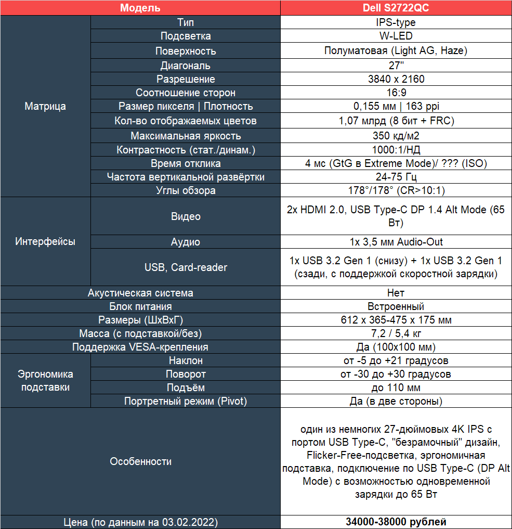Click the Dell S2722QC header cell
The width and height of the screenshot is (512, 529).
coord(396,8)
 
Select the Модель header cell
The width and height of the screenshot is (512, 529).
coord(140,8)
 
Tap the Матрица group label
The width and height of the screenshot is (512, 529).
coord(45,106)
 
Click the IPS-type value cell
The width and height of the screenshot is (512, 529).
coord(396,22)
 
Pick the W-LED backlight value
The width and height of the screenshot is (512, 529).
coord(396,36)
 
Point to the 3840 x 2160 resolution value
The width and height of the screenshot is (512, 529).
coord(396,79)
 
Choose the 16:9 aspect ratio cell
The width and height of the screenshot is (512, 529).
coord(396,93)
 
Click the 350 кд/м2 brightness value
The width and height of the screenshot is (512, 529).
coord(396,136)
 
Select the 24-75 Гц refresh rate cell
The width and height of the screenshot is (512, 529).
coord(396,177)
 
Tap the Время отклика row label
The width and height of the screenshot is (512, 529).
coord(186,163)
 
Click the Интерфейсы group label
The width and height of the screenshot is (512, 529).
coord(45,241)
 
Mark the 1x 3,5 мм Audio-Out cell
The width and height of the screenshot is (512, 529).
coord(396,242)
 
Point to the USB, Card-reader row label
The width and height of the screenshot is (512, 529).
coord(186,267)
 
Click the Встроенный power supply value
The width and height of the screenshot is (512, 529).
coord(396,306)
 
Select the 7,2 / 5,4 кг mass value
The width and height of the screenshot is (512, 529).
coord(396,333)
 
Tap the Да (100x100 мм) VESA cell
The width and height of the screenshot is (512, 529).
coord(396,347)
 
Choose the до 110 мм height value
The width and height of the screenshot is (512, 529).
coord(396,388)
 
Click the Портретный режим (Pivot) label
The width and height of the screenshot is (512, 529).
coord(186,401)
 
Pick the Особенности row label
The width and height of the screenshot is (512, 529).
coord(140,461)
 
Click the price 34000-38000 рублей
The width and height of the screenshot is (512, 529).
coord(396,522)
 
